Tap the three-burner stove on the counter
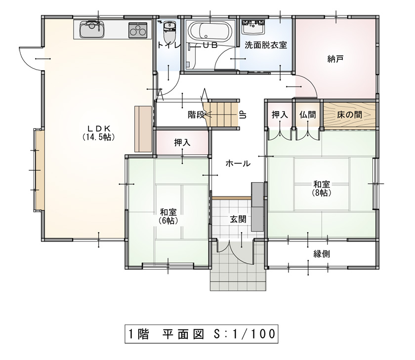(x=138, y=30)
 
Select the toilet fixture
(x=169, y=31)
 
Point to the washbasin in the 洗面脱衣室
(x=253, y=27)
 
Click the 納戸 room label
(x=335, y=59)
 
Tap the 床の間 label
(x=350, y=115)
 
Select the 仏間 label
(x=307, y=115)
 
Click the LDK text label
(x=99, y=128)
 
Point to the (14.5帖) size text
(x=98, y=137)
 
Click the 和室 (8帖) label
(x=322, y=188)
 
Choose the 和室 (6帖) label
(x=168, y=216)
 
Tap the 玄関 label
(x=238, y=219)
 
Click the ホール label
(x=238, y=163)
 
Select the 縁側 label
(x=322, y=254)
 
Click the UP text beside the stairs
(x=243, y=115)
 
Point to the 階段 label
(x=196, y=115)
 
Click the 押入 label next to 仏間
(x=280, y=115)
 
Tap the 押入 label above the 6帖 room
(x=182, y=143)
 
